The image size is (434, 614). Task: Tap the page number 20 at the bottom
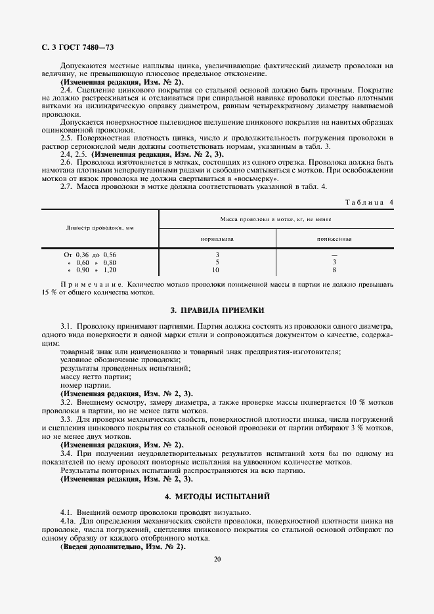tap(217, 559)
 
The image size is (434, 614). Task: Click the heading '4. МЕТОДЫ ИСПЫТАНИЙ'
tap(217, 497)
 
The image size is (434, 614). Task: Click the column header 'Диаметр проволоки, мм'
tap(100, 228)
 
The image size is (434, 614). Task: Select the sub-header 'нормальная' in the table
tap(217, 239)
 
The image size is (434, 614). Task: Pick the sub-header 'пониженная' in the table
tap(334, 239)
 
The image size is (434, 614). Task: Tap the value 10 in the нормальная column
tap(217, 270)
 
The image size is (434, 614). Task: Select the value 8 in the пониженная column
tap(334, 270)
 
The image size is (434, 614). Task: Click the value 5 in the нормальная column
tap(217, 262)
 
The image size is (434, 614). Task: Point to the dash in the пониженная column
tap(334, 254)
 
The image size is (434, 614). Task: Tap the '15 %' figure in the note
tap(49, 293)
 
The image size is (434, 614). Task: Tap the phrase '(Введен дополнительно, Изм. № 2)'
tap(123, 546)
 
